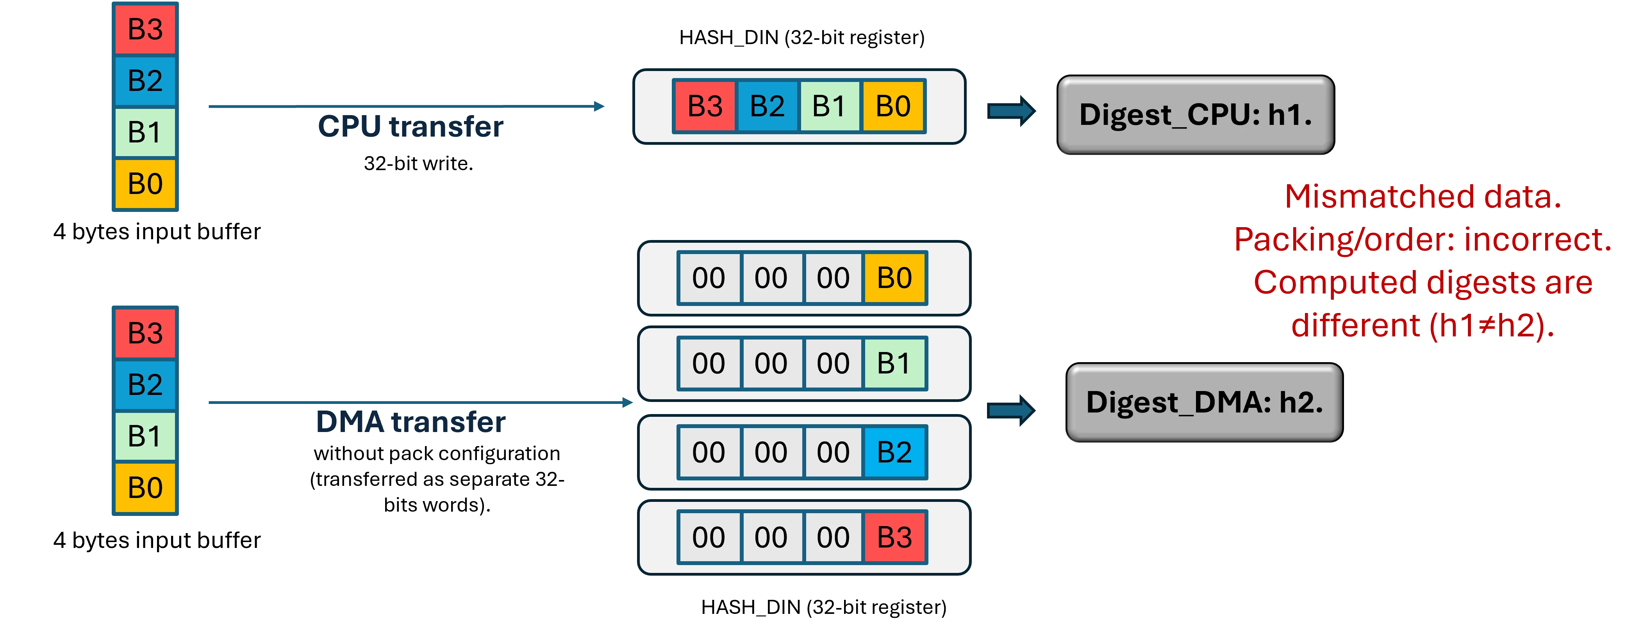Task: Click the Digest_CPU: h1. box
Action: [x=1195, y=115]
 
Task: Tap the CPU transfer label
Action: [x=411, y=126]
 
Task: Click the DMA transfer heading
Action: [x=411, y=421]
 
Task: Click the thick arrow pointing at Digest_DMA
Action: [x=1011, y=411]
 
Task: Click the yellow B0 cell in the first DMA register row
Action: [x=895, y=278]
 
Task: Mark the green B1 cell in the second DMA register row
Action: [x=895, y=363]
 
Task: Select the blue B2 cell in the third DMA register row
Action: [x=895, y=452]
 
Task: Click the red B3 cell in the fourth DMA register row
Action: [x=895, y=537]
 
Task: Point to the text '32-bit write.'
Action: [x=419, y=164]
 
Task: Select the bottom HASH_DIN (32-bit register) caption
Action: [x=824, y=607]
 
